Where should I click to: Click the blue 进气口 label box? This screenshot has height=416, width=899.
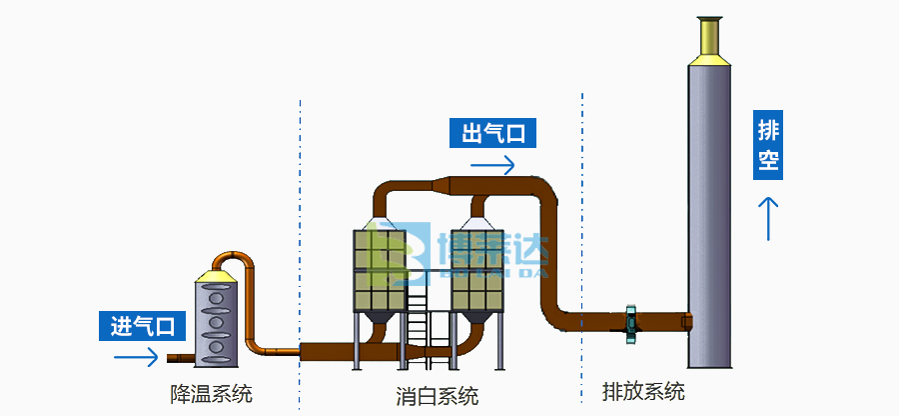(x=143, y=325)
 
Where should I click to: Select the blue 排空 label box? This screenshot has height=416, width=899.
(x=768, y=145)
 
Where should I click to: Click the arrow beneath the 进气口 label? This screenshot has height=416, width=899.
(x=137, y=356)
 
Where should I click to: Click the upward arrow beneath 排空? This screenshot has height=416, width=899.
(x=768, y=218)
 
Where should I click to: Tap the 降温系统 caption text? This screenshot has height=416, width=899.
(x=211, y=393)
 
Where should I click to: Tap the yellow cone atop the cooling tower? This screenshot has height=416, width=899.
(x=217, y=272)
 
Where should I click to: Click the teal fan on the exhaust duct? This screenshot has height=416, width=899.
(x=630, y=320)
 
